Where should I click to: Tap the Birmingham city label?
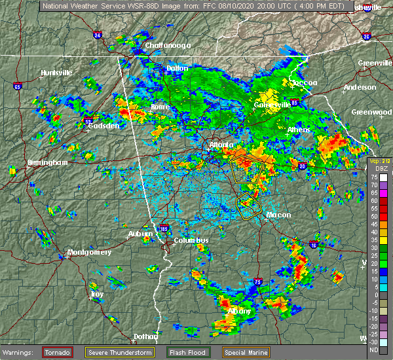tap(47, 162)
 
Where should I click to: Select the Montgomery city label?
tap(90, 252)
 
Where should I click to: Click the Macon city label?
tap(278, 214)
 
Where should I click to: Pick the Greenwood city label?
tap(371, 112)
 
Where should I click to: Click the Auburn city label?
tap(141, 234)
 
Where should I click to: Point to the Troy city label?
tap(97, 295)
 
